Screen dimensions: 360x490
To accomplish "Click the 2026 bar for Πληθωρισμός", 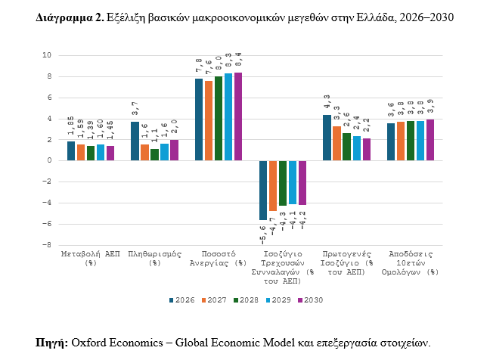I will click(x=135, y=141).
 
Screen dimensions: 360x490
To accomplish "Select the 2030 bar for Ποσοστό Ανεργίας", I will click(x=238, y=116).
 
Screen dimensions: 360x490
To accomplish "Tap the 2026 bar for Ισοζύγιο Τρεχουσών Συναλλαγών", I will click(x=263, y=190).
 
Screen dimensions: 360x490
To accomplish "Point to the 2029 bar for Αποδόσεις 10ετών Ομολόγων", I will click(x=420, y=141).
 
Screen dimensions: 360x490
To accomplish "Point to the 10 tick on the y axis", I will click(x=47, y=55).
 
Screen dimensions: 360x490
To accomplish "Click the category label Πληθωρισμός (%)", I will click(x=154, y=258).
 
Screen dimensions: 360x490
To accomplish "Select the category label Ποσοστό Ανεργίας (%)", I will click(x=219, y=258).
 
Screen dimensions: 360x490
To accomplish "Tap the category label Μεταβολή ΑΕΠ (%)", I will click(x=90, y=258).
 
